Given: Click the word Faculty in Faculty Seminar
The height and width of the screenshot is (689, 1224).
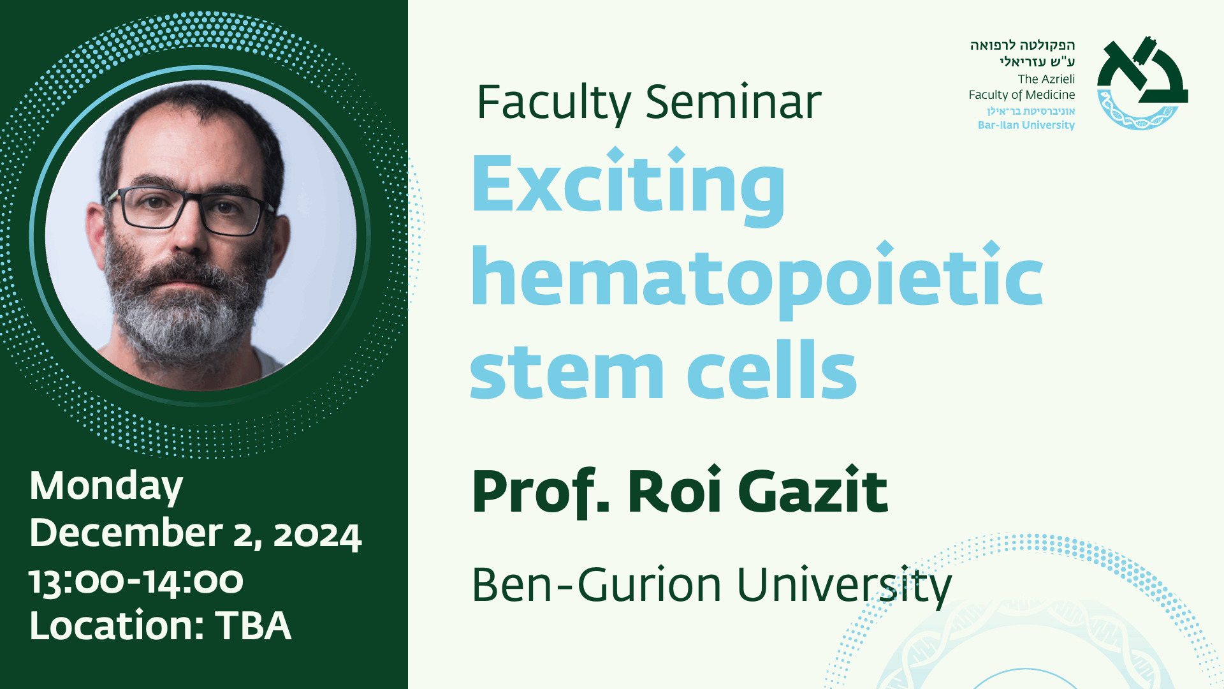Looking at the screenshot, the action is (x=554, y=103).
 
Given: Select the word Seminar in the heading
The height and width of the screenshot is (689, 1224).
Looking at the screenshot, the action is (x=733, y=101).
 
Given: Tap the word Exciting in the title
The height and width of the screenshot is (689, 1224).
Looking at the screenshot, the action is (x=629, y=186).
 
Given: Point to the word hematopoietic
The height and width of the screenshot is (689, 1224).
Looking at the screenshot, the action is (x=757, y=279).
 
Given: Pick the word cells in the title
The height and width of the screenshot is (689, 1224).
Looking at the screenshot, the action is (x=772, y=369).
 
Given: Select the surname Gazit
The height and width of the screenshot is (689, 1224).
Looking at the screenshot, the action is (x=812, y=490).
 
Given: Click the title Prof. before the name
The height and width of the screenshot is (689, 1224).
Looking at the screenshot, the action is (x=541, y=493).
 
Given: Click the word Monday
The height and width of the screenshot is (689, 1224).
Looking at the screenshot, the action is (x=106, y=487).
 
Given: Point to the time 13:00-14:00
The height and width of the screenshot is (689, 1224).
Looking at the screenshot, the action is (x=136, y=581).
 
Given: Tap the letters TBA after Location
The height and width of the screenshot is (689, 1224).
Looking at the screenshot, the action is (x=253, y=626).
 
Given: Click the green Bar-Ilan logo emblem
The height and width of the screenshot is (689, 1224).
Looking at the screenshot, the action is (x=1142, y=83).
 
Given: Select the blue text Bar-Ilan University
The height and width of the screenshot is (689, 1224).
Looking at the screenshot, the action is (x=1026, y=125).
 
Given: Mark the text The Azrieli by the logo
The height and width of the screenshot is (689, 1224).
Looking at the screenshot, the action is (x=1046, y=79).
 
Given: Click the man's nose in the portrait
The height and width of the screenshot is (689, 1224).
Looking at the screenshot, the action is (x=189, y=236).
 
